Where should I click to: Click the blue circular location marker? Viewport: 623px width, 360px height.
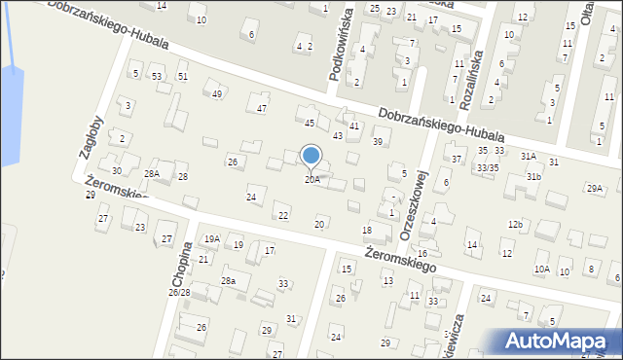(x=311, y=155)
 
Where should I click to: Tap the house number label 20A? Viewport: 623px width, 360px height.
(x=311, y=179)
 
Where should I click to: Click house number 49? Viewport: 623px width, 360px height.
(x=217, y=93)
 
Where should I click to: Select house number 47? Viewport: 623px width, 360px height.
(x=262, y=108)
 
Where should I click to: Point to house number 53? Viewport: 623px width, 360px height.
(x=156, y=76)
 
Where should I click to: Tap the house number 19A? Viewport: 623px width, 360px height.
(x=211, y=238)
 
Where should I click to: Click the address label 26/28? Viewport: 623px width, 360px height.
(x=179, y=292)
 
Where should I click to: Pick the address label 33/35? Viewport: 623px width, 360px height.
(x=487, y=167)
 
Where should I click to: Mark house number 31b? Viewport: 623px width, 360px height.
(x=533, y=176)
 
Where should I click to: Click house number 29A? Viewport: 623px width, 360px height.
(x=594, y=188)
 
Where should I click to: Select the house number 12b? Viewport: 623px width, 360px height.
(x=515, y=225)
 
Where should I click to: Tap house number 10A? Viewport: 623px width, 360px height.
(x=541, y=269)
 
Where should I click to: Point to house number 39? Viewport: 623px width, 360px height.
(x=378, y=142)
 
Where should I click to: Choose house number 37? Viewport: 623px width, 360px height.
(x=457, y=159)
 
